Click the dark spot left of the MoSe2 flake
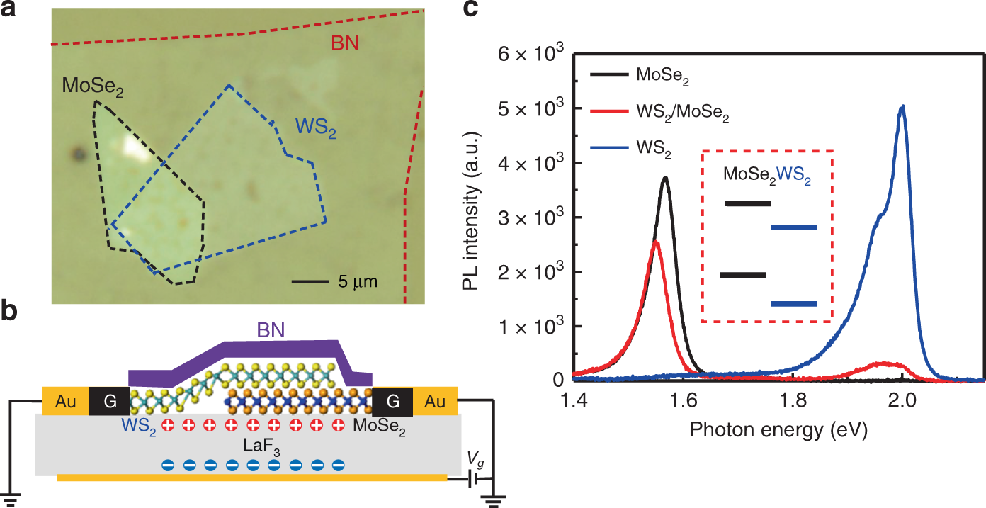[x=76, y=152]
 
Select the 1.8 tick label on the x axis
[x=792, y=402]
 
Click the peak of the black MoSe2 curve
[x=665, y=178]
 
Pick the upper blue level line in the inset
[x=793, y=227]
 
